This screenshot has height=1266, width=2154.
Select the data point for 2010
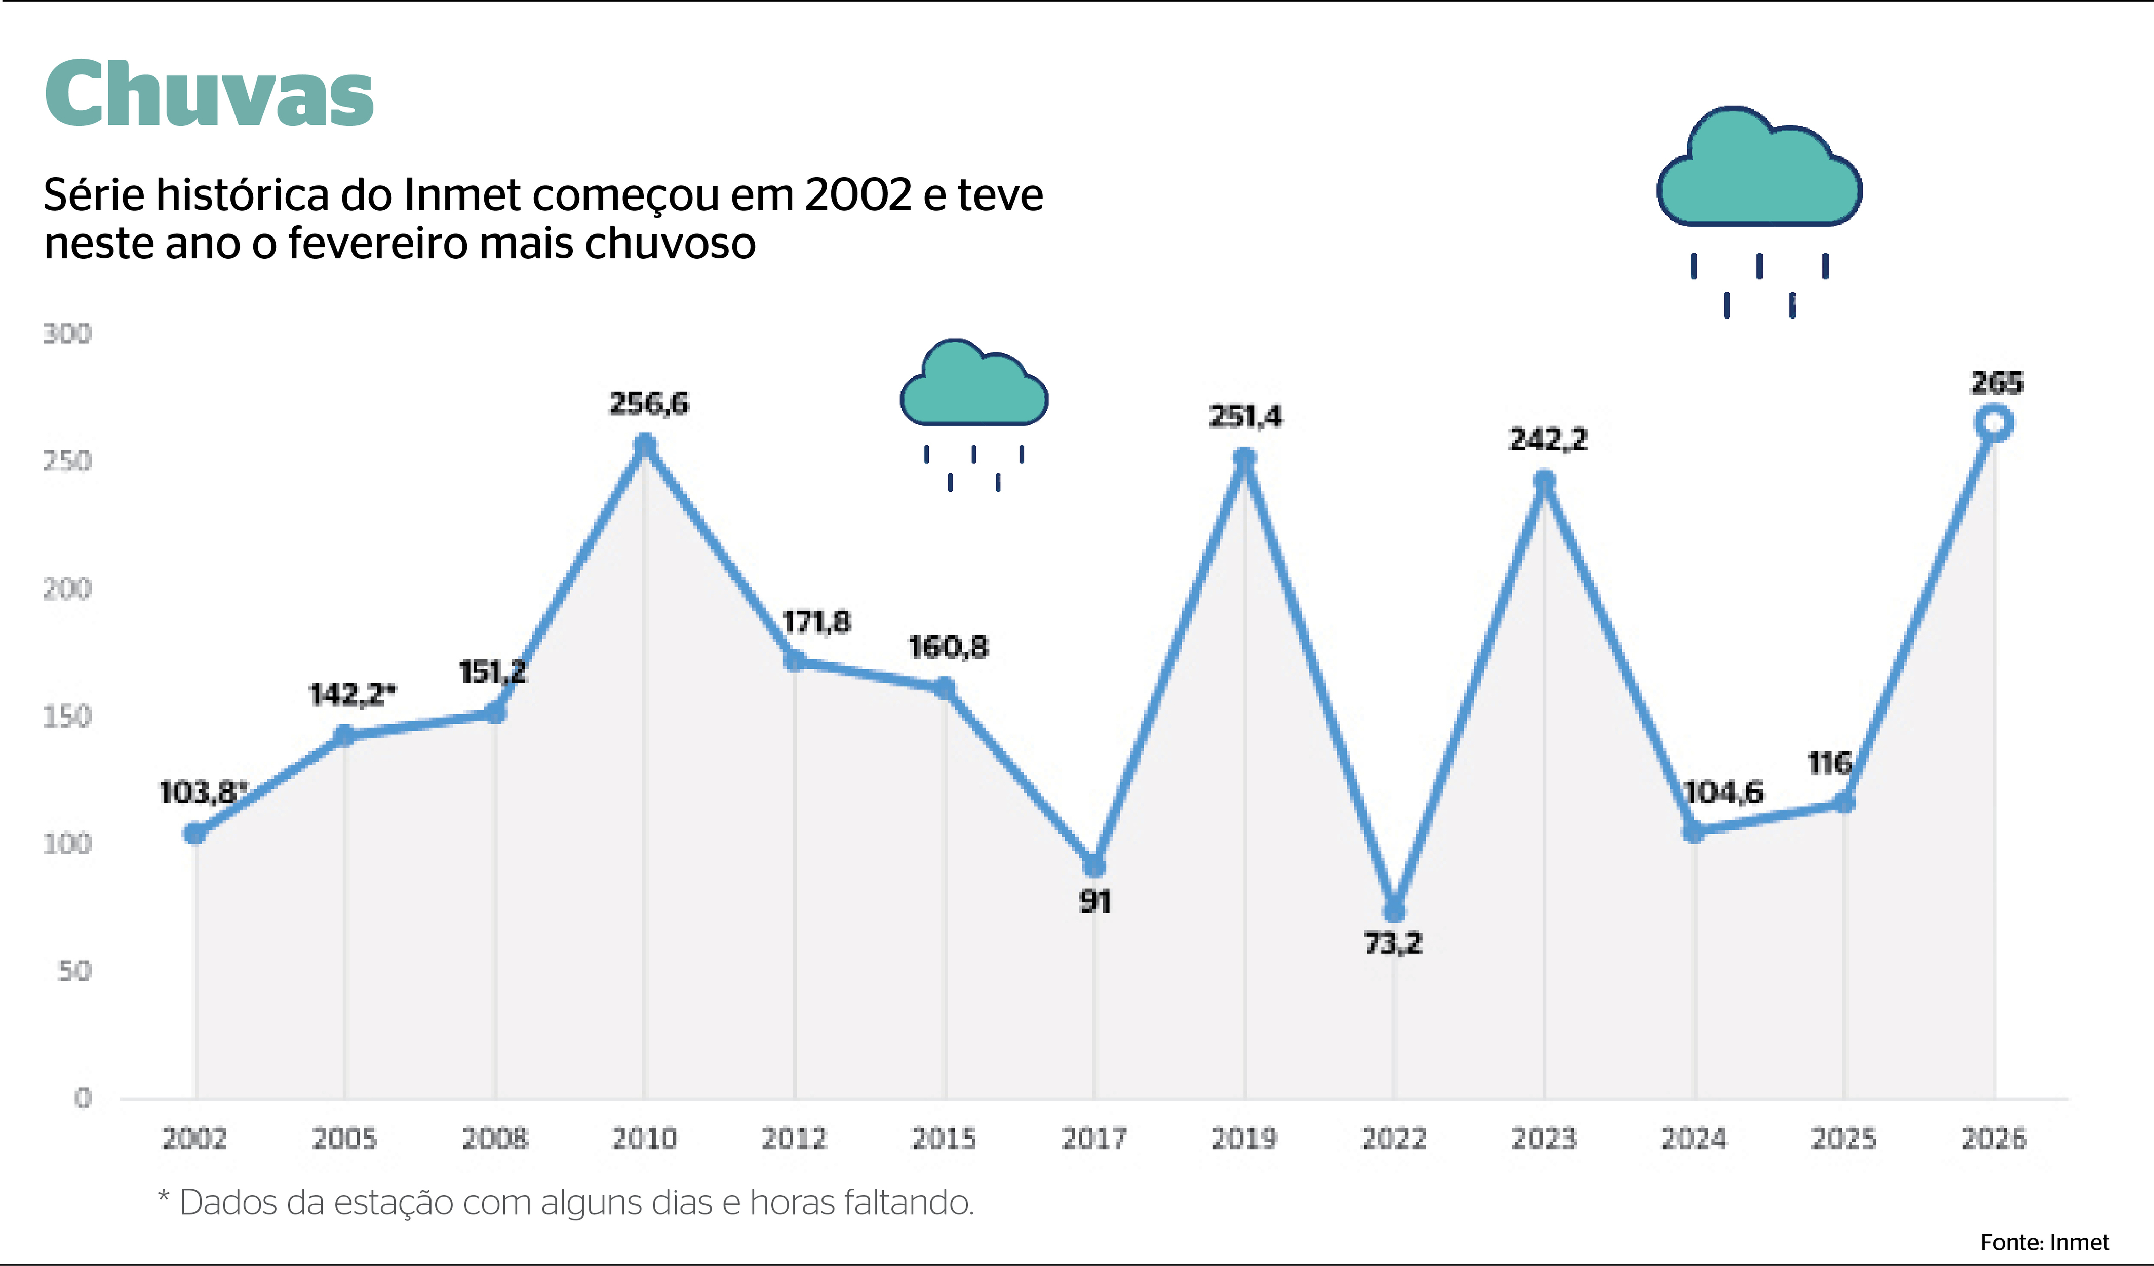point(645,445)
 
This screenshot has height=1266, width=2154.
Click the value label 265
point(1996,382)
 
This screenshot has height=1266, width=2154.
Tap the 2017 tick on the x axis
point(1094,1138)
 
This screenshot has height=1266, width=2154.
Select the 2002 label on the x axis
point(195,1138)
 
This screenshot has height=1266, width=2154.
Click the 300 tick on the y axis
point(67,333)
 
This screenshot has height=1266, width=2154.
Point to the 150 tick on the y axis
point(67,717)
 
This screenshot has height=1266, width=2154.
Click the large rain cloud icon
point(1759,171)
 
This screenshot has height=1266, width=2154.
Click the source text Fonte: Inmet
point(2045,1242)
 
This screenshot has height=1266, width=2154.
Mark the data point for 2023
point(1544,481)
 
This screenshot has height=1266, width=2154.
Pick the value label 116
point(1829,763)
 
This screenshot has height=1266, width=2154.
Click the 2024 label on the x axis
point(1693,1138)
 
